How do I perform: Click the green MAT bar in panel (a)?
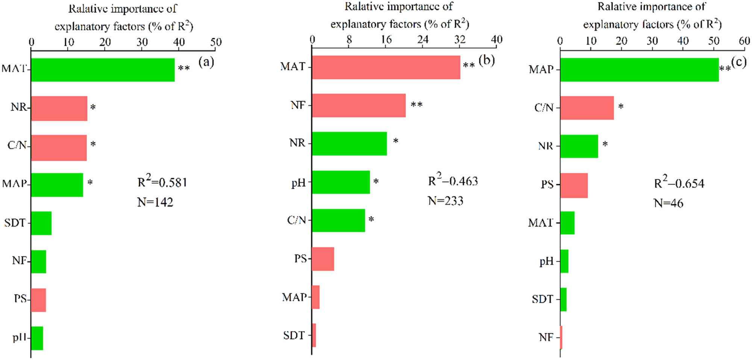[x=103, y=70]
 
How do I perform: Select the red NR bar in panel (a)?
[x=59, y=108]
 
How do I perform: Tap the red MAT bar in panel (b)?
[x=386, y=67]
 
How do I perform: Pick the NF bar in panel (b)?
[x=359, y=106]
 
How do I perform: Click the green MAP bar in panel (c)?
[x=639, y=70]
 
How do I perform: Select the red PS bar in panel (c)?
[x=574, y=185]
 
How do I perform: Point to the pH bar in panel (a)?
[x=37, y=338]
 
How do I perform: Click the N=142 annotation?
[x=155, y=203]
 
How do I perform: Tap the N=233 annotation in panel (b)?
[x=446, y=201]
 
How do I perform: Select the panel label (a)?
[x=206, y=61]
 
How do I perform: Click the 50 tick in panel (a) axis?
[x=216, y=42]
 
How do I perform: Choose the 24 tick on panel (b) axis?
[x=423, y=39]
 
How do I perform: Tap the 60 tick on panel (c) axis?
[x=744, y=41]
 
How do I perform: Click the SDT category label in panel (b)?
[x=294, y=335]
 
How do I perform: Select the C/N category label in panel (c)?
[x=544, y=108]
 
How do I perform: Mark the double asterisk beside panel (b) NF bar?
[x=416, y=104]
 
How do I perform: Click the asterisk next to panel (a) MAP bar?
[x=90, y=183]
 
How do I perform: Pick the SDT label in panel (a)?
[x=15, y=223]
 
